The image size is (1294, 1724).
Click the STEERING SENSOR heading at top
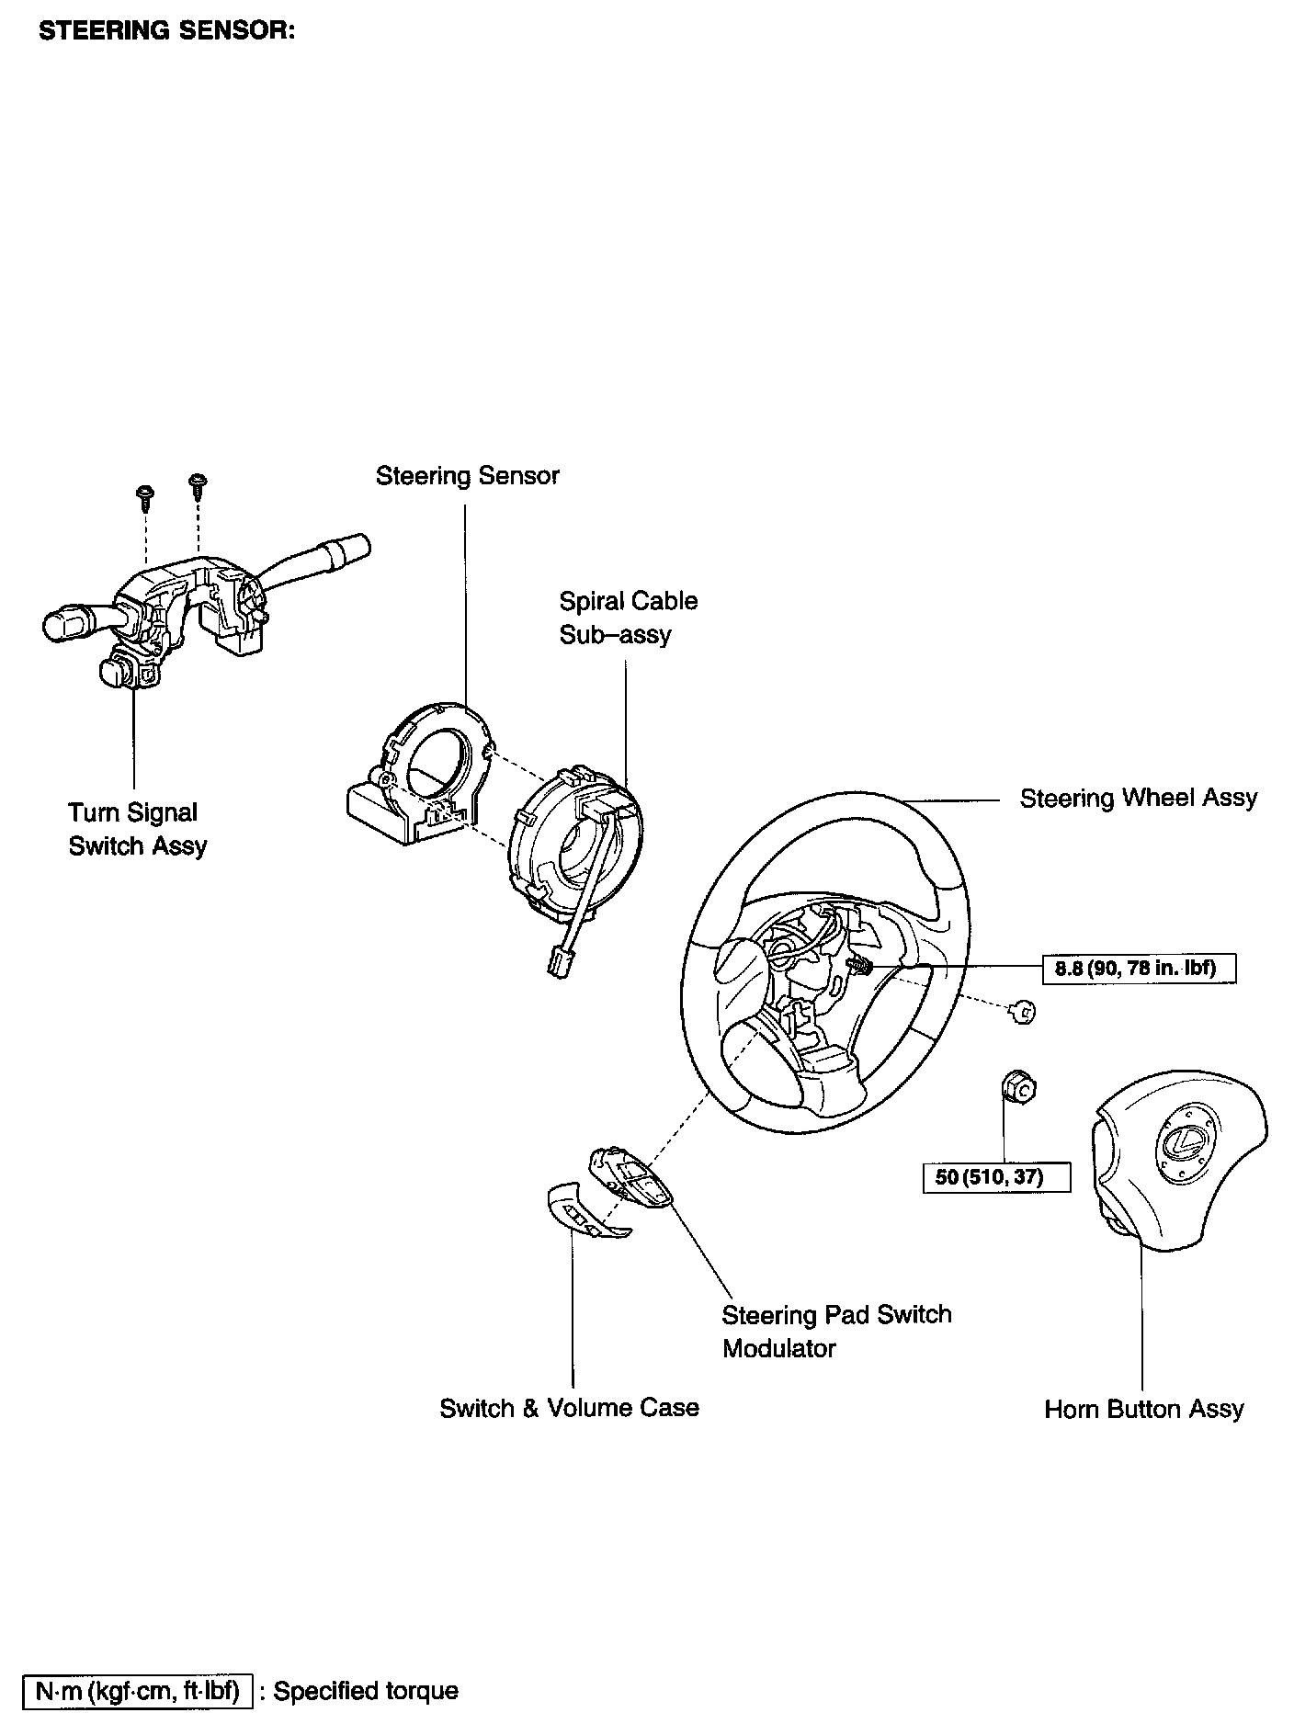pos(166,30)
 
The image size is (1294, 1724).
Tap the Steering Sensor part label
pos(467,476)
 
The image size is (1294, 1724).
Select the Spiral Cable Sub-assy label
pos(628,618)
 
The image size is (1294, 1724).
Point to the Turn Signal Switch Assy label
pos(137,829)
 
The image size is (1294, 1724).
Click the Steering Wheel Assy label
pos(1138,798)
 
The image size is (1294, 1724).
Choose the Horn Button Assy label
pos(1143,1409)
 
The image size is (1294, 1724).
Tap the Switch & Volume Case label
pos(569,1408)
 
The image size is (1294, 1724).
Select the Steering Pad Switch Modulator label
pos(835,1331)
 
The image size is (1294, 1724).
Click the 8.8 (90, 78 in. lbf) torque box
pos(1139,968)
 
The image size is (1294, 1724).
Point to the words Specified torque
pos(366,1690)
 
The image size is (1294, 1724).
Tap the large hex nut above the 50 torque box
pos(1017,1088)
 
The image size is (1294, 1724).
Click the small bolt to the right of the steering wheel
pos(1023,1011)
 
